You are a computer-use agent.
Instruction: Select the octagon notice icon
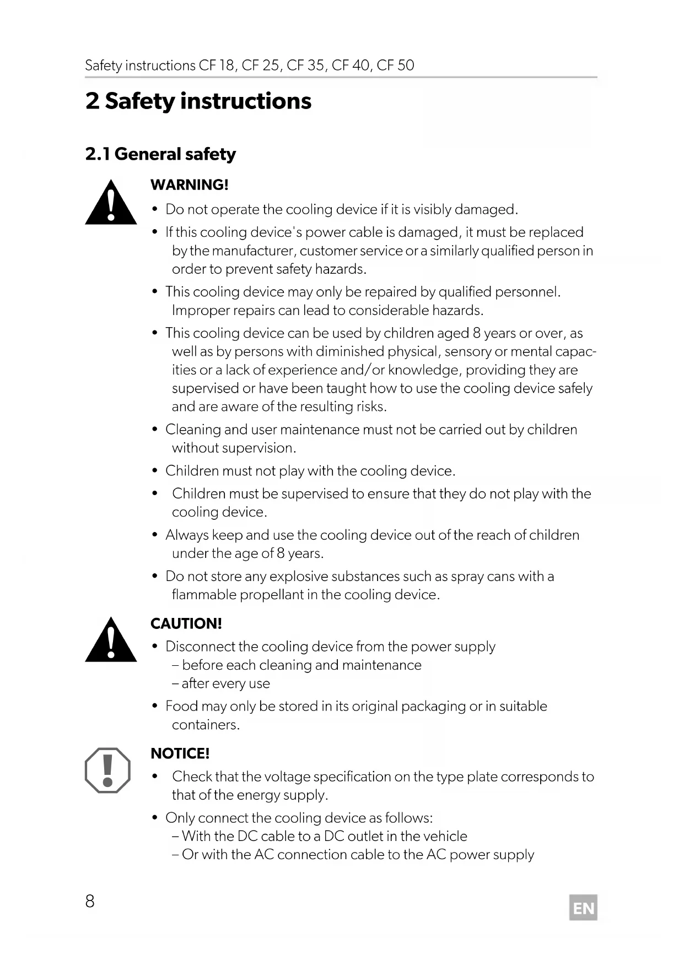(108, 770)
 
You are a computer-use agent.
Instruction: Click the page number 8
(90, 901)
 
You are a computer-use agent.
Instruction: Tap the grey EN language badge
(583, 908)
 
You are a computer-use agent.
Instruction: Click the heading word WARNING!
(190, 185)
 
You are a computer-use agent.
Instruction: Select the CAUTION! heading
(186, 623)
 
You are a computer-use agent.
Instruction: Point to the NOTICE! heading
(180, 753)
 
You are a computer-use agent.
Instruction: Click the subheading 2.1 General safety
(160, 154)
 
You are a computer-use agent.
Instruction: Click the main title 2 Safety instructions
(198, 101)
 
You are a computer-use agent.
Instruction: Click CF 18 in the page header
(217, 66)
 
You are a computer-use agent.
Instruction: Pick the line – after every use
(221, 683)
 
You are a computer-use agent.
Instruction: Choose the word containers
(206, 725)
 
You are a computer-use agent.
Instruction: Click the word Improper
(201, 311)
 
